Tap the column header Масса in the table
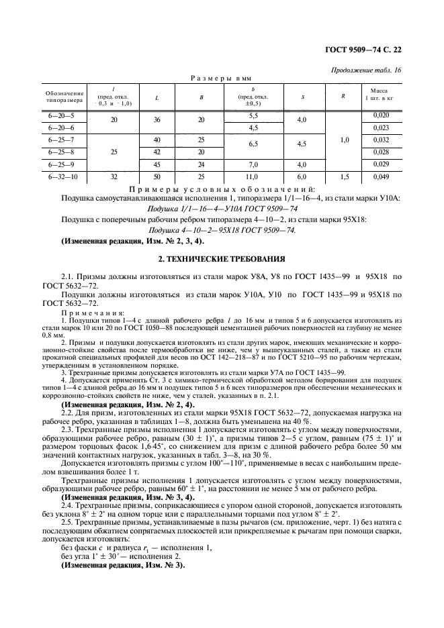tap(379, 91)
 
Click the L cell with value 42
tap(157, 152)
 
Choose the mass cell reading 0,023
tap(380, 127)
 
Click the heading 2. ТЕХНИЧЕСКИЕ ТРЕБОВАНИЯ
tap(222, 258)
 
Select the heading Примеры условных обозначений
tap(222, 188)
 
